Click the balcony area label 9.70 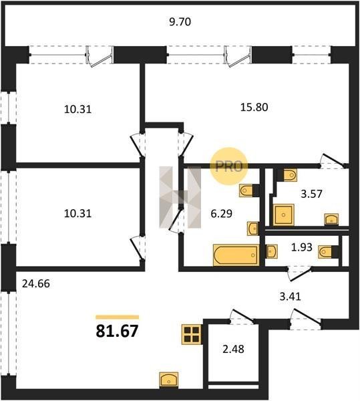click(180, 22)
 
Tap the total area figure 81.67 click(117, 331)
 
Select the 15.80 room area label click(254, 107)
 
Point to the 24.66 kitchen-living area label click(36, 283)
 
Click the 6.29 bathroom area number click(222, 213)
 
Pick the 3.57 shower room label click(311, 194)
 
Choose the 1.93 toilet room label click(302, 247)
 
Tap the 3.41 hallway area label click(291, 296)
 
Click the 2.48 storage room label click(233, 349)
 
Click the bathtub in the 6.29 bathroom click(236, 255)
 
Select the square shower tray click(283, 215)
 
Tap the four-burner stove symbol click(192, 335)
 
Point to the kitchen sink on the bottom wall click(169, 380)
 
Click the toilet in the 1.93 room click(328, 252)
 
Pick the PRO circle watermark click(229, 166)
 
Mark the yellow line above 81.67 click(118, 317)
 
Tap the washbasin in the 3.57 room click(331, 219)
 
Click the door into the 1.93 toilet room click(299, 273)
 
